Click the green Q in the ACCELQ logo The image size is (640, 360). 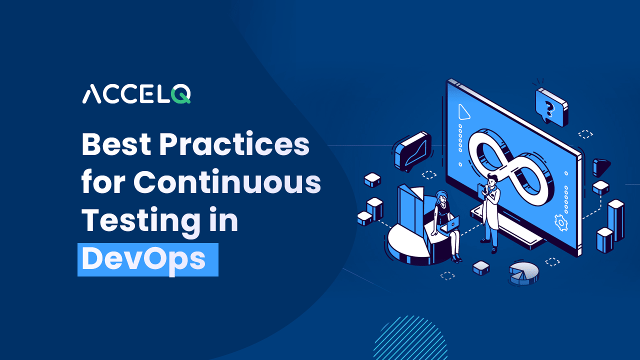(181, 93)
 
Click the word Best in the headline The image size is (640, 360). (116, 144)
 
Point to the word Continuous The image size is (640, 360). (227, 181)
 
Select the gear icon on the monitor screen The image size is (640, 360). (561, 222)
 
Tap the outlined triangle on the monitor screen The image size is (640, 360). (463, 112)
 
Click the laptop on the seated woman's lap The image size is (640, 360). (451, 223)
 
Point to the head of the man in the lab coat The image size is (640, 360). (492, 180)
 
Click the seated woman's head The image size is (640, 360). (441, 196)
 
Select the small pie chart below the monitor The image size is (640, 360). (523, 273)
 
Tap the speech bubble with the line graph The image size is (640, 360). (412, 151)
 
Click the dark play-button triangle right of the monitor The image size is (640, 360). (601, 167)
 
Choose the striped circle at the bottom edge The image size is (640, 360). (410, 338)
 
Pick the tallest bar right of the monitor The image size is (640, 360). (615, 220)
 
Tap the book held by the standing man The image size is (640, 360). (481, 189)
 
